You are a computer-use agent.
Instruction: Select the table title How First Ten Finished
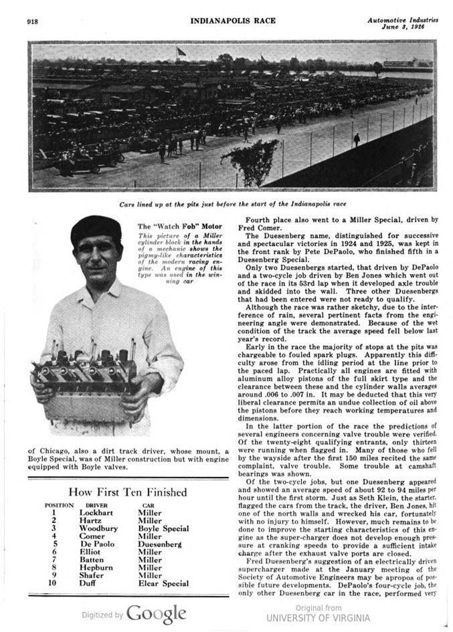point(127,492)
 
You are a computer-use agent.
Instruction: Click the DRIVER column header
point(97,506)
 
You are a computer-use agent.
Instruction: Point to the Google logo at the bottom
point(157,614)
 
